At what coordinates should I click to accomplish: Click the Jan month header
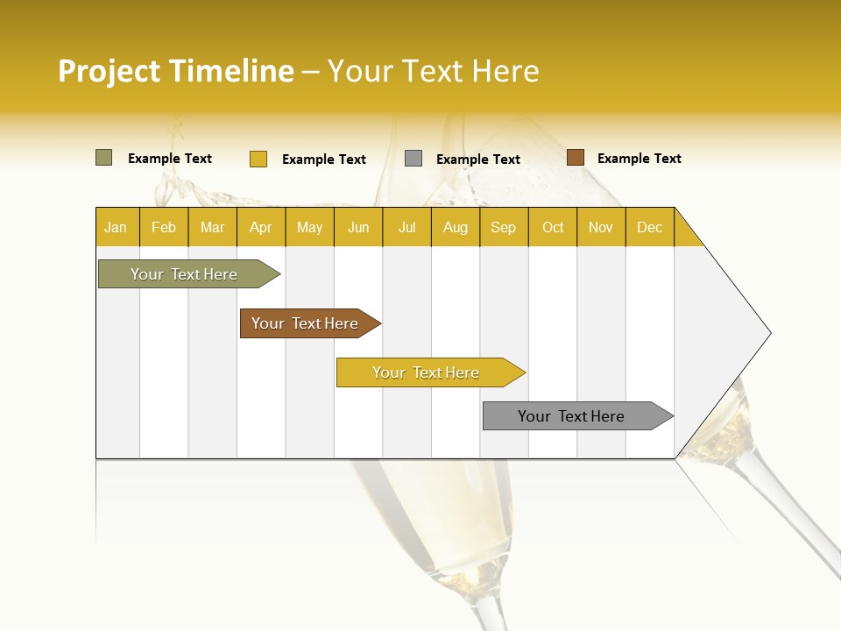coord(116,227)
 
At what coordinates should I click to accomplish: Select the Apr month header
coord(260,227)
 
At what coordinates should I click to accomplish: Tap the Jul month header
coord(406,227)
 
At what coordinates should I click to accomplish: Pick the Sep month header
coord(503,227)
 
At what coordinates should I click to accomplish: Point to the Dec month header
coord(649,227)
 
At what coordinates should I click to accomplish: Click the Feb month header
coord(164,227)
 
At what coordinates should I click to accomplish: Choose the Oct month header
coord(553,227)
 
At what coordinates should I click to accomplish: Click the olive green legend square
coord(103,158)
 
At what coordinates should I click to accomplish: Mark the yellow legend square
coord(258,159)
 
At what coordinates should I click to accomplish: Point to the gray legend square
coord(413,159)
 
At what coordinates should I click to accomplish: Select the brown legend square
coord(575,158)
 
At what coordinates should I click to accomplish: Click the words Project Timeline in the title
coord(176,71)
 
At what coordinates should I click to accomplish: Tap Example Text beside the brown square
coord(639,159)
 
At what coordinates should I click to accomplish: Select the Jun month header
coord(358,227)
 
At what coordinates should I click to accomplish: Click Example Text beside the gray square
coord(477,160)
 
